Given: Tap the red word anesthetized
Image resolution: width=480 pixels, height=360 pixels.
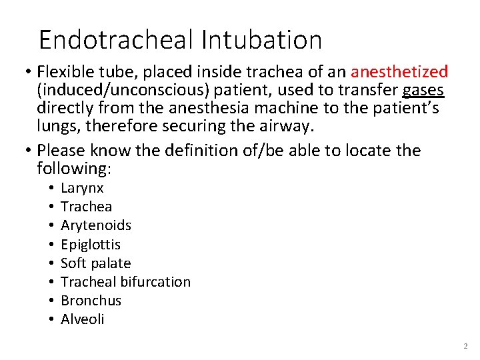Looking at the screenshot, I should tap(399, 71).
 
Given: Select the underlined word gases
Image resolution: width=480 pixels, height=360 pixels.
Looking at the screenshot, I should tap(423, 90).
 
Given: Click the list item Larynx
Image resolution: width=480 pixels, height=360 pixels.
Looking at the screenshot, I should tap(82, 189).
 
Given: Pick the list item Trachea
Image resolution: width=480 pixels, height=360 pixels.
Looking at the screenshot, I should tap(86, 207).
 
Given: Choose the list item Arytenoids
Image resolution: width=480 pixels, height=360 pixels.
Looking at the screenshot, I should tap(95, 225).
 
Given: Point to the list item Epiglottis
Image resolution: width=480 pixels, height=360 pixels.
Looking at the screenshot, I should tap(91, 245).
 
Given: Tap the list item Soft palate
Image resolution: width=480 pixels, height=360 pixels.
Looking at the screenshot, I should tap(95, 263).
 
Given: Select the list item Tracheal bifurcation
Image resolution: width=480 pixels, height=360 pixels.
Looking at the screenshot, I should tap(125, 282).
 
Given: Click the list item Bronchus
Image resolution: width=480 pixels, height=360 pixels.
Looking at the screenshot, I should tap(91, 301).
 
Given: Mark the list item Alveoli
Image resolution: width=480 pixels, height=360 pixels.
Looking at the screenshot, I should tap(83, 319).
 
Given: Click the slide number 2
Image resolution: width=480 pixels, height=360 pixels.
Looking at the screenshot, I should tap(465, 347).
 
